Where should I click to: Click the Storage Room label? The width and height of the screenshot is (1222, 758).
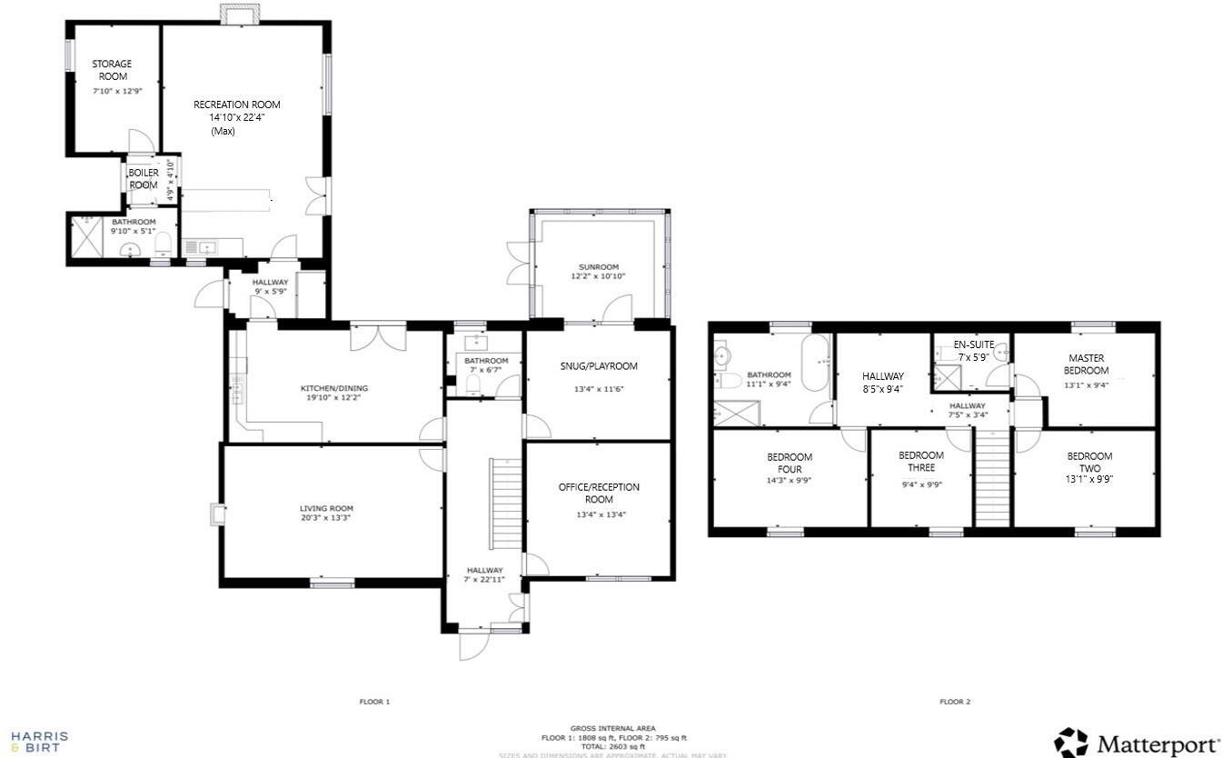tap(111, 70)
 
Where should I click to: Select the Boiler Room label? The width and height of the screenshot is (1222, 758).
tap(143, 178)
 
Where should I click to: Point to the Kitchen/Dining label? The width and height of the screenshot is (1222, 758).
tap(334, 388)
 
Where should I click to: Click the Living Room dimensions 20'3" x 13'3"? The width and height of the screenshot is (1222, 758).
tap(326, 518)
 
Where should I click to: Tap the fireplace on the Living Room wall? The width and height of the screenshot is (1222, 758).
tap(216, 514)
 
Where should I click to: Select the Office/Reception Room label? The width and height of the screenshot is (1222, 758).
tap(599, 494)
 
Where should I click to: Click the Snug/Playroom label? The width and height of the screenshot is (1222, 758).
tap(599, 366)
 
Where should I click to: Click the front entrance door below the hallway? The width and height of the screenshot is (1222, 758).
tap(474, 644)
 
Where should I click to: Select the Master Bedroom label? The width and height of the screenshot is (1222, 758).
tap(1087, 364)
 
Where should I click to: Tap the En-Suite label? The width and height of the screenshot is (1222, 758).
tap(973, 345)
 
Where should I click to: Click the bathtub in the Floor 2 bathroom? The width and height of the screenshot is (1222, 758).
tap(815, 363)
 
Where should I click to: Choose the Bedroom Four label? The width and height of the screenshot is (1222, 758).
tap(790, 463)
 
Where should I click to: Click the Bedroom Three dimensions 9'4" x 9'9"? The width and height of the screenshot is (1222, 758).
tap(921, 485)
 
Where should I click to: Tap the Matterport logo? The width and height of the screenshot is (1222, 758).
tap(1137, 743)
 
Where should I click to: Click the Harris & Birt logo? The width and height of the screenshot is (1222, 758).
tap(39, 741)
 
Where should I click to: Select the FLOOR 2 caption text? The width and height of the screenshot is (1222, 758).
tap(955, 702)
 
